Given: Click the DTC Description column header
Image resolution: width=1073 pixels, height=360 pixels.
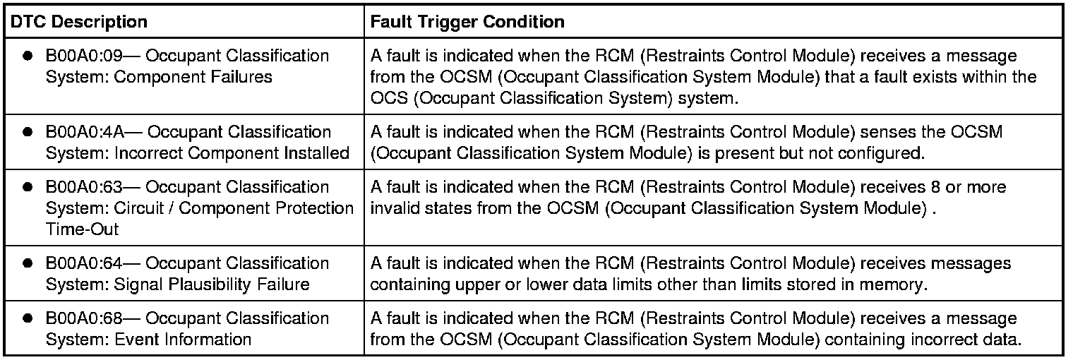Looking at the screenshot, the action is coord(78,22).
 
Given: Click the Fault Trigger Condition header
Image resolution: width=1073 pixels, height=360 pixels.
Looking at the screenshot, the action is coord(467,22).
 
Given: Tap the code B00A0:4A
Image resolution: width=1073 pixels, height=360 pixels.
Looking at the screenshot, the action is coord(82,132).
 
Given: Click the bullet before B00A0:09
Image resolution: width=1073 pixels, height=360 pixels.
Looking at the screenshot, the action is coord(28,56).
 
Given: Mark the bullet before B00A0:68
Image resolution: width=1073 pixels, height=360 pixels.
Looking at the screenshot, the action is coord(28,318).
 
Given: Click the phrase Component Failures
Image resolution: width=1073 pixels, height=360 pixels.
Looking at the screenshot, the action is coord(193,77).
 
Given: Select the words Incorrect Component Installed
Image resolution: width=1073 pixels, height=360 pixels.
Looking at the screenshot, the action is coord(232,153).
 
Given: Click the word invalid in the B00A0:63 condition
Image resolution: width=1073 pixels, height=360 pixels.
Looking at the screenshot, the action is coord(392,208).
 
